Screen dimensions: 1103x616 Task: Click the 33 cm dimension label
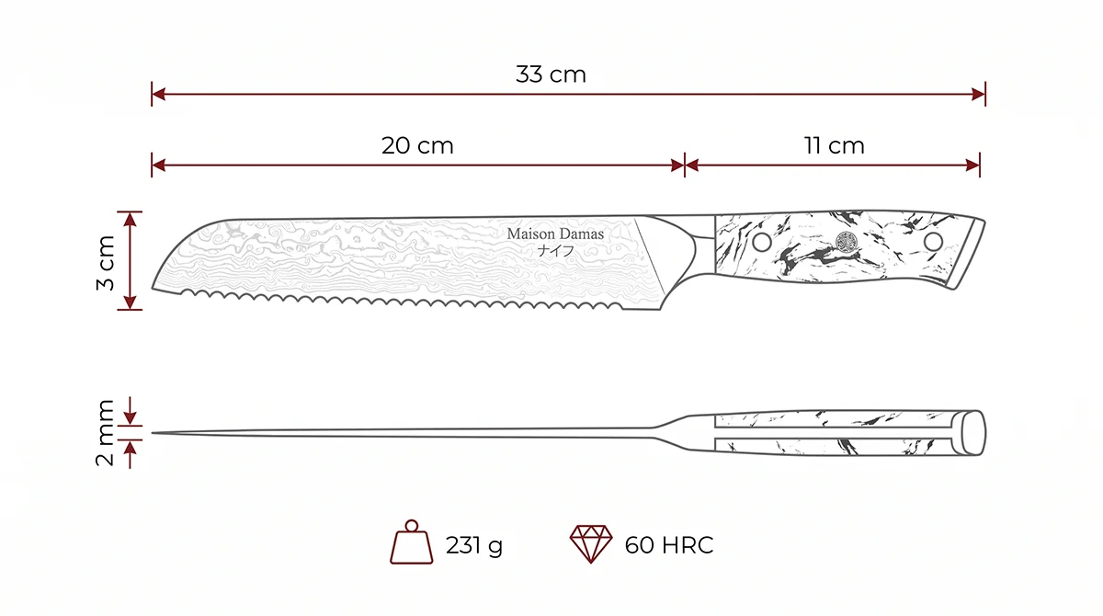click(x=551, y=74)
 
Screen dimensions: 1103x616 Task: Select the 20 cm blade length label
click(x=417, y=146)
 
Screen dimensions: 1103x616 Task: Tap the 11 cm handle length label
click(x=835, y=146)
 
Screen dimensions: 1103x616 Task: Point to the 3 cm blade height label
click(x=106, y=262)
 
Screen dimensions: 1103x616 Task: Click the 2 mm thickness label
click(x=105, y=432)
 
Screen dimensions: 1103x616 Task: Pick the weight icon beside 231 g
click(x=411, y=542)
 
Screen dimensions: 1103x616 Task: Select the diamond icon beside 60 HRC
click(x=591, y=543)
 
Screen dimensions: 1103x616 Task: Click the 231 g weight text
click(x=474, y=545)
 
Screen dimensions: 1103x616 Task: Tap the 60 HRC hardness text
click(x=669, y=545)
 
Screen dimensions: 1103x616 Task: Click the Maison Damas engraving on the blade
click(x=555, y=234)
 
